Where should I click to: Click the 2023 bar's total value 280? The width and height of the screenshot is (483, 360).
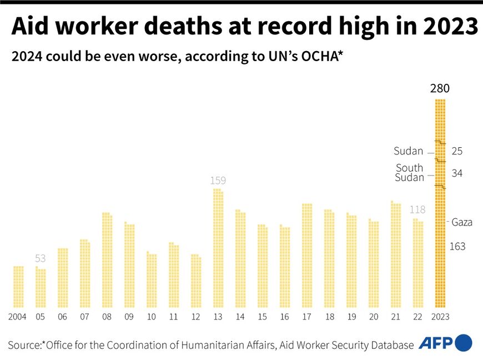coord(440,88)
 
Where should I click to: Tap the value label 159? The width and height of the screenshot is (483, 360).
coord(218,181)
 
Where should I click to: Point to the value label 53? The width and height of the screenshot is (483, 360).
coord(40,258)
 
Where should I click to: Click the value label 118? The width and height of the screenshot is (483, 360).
coord(417,210)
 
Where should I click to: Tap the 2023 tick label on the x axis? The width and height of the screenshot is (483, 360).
coord(440,317)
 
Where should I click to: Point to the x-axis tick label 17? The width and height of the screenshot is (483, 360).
coord(306,317)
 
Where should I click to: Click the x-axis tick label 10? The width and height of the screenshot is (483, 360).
coord(151,317)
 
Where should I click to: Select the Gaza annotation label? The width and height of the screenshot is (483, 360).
coord(462,222)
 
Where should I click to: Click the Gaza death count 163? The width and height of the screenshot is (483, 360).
coord(457,246)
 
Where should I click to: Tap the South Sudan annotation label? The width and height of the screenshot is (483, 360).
coord(409,173)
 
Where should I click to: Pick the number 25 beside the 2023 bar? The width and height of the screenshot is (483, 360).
coord(457,151)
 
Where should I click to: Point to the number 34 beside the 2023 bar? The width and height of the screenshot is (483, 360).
coord(457,173)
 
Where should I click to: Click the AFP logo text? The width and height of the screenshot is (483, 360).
coord(435,343)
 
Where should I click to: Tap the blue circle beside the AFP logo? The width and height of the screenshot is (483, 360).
coord(464,343)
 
